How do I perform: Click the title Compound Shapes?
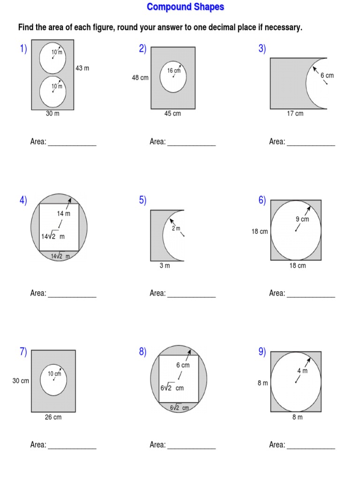click(x=186, y=7)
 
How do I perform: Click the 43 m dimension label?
click(x=82, y=68)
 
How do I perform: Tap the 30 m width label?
click(x=52, y=114)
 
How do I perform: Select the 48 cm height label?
click(x=140, y=78)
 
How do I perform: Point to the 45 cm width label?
click(x=172, y=114)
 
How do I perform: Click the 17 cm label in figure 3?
click(x=295, y=114)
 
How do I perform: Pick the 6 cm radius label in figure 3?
click(x=327, y=75)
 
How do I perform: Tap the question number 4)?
click(x=23, y=200)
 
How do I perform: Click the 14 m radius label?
click(x=64, y=214)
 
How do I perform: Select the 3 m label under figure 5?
click(x=165, y=266)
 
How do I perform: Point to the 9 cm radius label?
click(x=302, y=219)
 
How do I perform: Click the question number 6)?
click(x=262, y=200)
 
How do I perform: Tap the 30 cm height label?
click(x=21, y=381)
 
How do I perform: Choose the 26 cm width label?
click(x=53, y=417)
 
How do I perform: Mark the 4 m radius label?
click(x=302, y=371)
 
